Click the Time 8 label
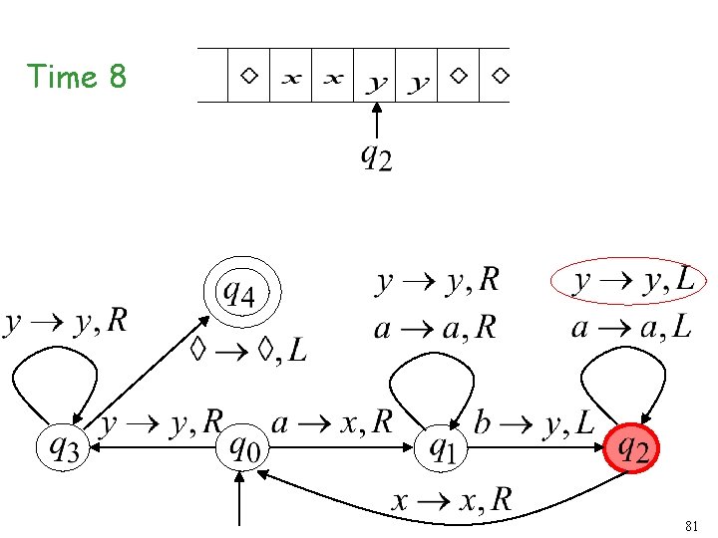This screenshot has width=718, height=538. (77, 77)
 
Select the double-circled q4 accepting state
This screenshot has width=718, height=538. (242, 294)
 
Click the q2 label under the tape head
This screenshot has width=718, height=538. (375, 157)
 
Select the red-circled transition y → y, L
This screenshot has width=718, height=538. (633, 283)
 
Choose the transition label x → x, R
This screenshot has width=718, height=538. (451, 499)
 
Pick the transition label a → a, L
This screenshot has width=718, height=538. (631, 328)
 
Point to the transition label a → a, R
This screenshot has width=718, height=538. (435, 328)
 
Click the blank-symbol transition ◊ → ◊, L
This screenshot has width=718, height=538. (248, 350)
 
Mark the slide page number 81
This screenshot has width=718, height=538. (693, 524)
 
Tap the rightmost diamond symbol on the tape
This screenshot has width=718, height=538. (501, 75)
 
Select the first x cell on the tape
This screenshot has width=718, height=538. (291, 77)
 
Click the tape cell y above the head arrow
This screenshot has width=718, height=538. (376, 80)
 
